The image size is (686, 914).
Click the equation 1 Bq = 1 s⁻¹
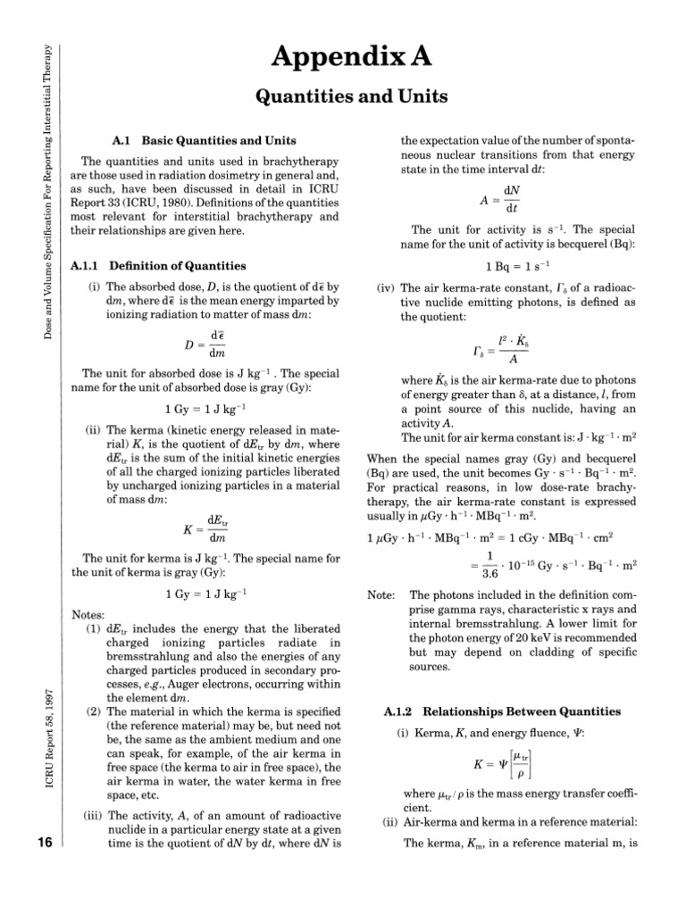tap(518, 265)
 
